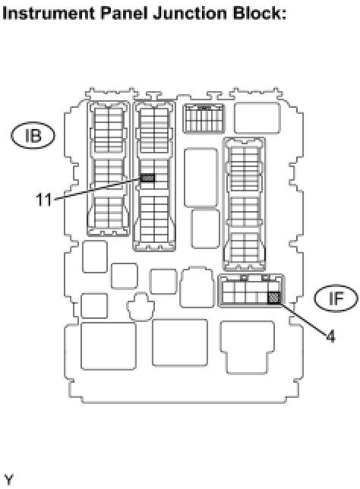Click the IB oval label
pyautogui.click(x=33, y=136)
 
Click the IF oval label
pyautogui.click(x=336, y=298)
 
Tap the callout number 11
pyautogui.click(x=43, y=200)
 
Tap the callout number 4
pyautogui.click(x=331, y=336)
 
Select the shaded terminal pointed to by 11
pyautogui.click(x=147, y=178)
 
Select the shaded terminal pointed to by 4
pyautogui.click(x=274, y=297)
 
